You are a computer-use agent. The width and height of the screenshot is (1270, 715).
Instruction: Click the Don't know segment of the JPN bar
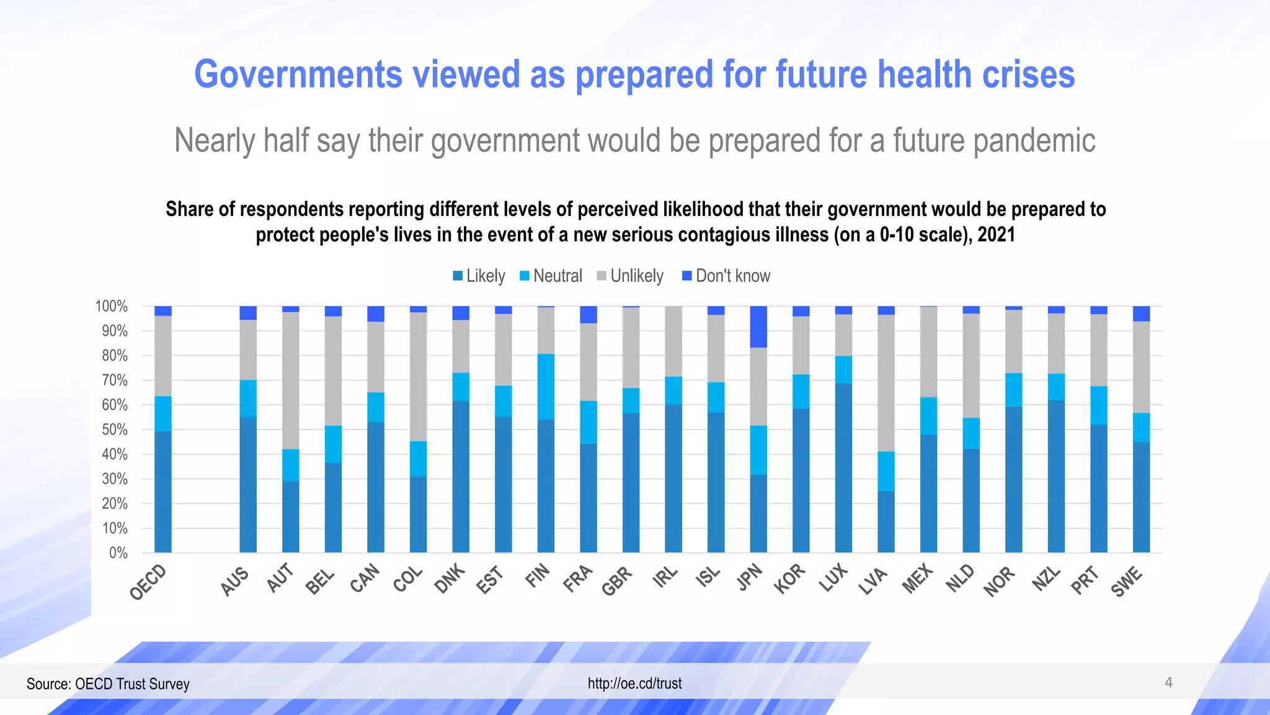[x=758, y=326]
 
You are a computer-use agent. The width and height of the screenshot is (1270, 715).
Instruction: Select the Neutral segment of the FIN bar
[x=546, y=387]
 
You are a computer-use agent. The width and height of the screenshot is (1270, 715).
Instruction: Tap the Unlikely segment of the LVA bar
[x=886, y=383]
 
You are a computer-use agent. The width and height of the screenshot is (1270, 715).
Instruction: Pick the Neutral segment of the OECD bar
[x=163, y=413]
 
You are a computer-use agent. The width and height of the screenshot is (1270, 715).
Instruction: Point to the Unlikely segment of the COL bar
[x=419, y=376]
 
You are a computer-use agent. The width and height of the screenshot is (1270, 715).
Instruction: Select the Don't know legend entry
[x=726, y=276]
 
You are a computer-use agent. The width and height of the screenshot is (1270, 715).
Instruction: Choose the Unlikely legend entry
[x=630, y=276]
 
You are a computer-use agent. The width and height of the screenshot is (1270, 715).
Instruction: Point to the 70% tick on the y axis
[x=115, y=380]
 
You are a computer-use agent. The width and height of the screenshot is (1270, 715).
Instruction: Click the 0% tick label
[x=118, y=553]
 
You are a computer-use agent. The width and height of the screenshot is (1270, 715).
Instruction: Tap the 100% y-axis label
[x=111, y=307]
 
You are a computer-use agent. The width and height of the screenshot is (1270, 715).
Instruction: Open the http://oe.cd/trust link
[x=634, y=683]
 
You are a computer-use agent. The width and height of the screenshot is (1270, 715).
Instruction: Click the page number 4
[x=1168, y=683]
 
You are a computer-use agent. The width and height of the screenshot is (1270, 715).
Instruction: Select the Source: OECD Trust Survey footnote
[x=108, y=684]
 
